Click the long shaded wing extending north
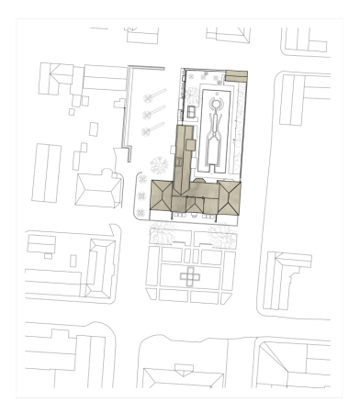(184, 151)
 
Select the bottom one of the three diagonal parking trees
(147, 130)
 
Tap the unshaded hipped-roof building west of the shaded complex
(98, 191)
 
